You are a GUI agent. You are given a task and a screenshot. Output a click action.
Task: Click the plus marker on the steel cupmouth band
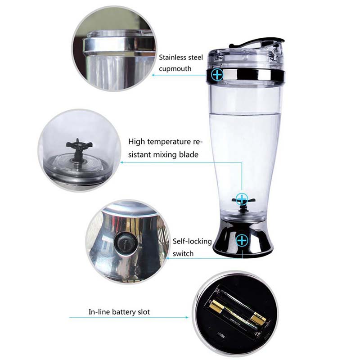217,74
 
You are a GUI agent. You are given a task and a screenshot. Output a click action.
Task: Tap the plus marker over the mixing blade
242,198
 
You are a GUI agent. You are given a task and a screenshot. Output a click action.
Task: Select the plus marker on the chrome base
242,240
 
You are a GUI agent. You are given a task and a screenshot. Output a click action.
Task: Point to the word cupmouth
175,69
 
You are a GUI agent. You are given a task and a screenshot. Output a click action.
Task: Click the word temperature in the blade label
169,142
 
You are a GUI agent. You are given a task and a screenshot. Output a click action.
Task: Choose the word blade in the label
189,154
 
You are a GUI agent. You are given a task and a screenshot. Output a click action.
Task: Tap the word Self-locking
192,241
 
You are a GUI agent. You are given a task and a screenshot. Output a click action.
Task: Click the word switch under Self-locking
183,253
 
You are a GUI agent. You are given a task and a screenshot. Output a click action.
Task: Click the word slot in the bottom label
144,312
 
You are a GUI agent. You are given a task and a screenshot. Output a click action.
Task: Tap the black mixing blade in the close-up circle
78,149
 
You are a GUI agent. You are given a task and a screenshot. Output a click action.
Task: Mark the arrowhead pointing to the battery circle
187,317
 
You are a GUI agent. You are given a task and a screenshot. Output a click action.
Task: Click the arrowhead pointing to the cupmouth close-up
153,75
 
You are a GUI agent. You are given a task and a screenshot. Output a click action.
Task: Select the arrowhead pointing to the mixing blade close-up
122,162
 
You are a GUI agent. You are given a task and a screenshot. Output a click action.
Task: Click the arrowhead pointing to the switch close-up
167,258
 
